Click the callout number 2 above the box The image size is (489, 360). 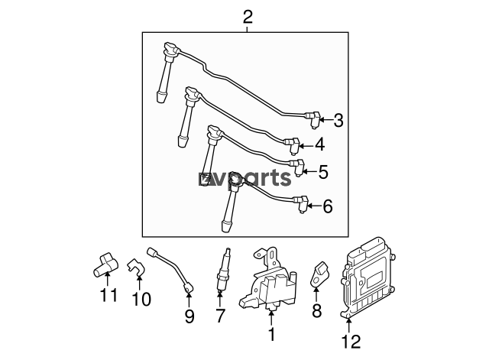(248, 17)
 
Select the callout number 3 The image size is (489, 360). (338, 121)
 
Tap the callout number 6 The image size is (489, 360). (328, 206)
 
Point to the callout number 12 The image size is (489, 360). (351, 342)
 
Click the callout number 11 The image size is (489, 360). (108, 295)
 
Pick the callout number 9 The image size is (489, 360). (189, 316)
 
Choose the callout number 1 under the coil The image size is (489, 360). (272, 334)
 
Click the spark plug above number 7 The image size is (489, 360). (222, 270)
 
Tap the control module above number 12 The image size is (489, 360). (368, 277)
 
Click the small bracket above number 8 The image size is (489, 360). (318, 274)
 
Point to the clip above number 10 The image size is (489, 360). (136, 268)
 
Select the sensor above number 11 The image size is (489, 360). (105, 265)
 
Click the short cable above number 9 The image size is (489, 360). (171, 269)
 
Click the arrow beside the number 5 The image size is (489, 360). (309, 171)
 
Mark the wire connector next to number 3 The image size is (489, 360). (314, 119)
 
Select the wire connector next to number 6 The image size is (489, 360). (301, 204)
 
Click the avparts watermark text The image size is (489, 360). (244, 179)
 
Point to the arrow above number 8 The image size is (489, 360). (316, 295)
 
